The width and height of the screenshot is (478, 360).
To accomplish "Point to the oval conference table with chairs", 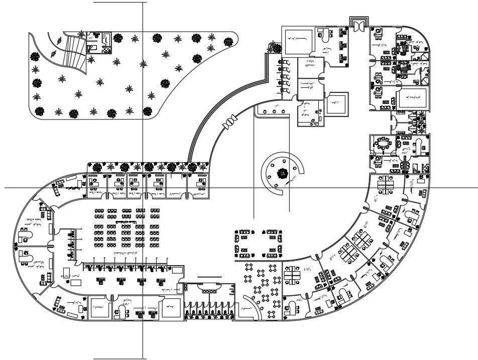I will pyautogui.click(x=384, y=145).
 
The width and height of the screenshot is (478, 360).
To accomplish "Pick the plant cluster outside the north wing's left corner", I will pyautogui.click(x=275, y=48).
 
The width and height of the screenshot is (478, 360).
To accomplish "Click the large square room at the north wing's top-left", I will pyautogui.click(x=298, y=40).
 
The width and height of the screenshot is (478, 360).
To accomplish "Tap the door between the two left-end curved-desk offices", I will pyautogui.click(x=50, y=246).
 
